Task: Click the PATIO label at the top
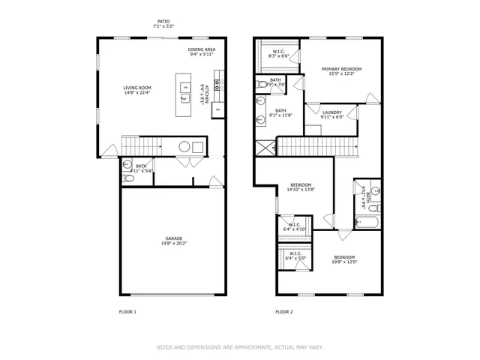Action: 163,22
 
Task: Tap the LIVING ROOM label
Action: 137,88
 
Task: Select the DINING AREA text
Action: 202,49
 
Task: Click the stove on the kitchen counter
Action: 217,85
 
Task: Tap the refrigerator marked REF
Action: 217,109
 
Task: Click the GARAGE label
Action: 173,238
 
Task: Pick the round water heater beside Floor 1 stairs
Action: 183,146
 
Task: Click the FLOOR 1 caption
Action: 127,311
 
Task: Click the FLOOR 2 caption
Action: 283,311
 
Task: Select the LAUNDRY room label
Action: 332,112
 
